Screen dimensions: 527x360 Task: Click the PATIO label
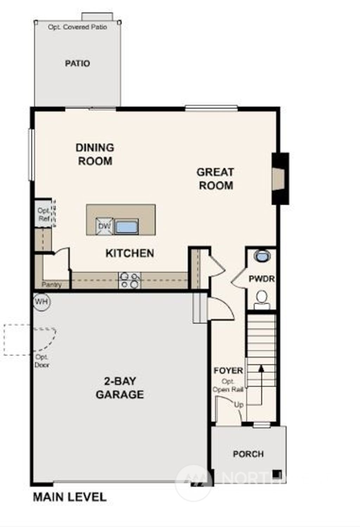pyautogui.click(x=77, y=63)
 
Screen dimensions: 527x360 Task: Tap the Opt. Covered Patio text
pyautogui.click(x=77, y=27)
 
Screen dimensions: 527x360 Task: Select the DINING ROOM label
pyautogui.click(x=95, y=154)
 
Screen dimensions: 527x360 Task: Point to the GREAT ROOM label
pyautogui.click(x=216, y=179)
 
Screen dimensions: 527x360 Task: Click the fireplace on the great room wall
pyautogui.click(x=280, y=178)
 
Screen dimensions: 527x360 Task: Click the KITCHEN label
pyautogui.click(x=130, y=253)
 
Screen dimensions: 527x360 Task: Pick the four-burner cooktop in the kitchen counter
pyautogui.click(x=129, y=280)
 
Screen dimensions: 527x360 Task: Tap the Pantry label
pyautogui.click(x=51, y=285)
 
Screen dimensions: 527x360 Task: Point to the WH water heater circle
pyautogui.click(x=42, y=301)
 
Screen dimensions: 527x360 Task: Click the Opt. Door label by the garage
pyautogui.click(x=42, y=361)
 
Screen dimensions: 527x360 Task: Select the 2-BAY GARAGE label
pyautogui.click(x=120, y=388)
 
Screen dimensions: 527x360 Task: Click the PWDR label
pyautogui.click(x=262, y=279)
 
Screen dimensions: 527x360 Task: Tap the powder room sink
pyautogui.click(x=262, y=256)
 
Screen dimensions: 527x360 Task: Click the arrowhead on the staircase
pyautogui.click(x=261, y=368)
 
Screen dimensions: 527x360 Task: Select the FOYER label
pyautogui.click(x=228, y=370)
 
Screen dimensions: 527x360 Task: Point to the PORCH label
pyautogui.click(x=248, y=454)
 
